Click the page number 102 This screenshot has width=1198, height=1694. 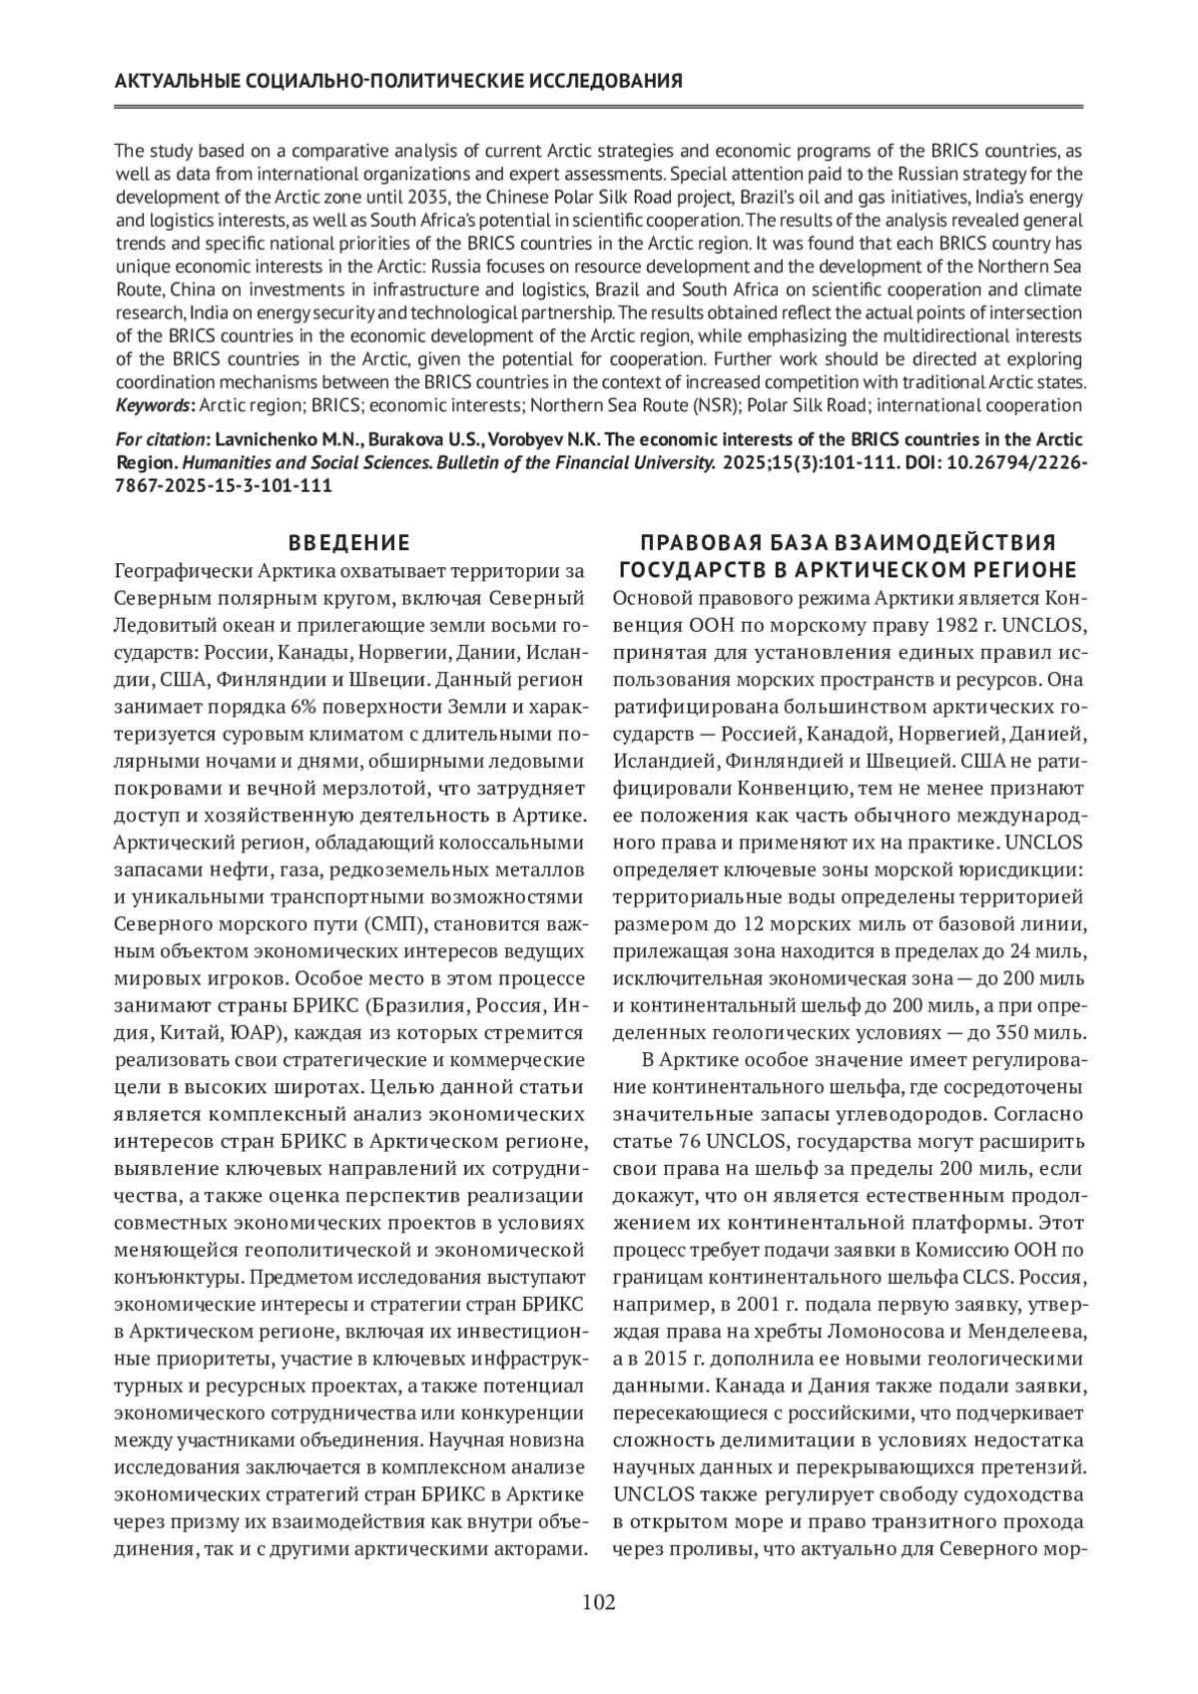pos(599,1603)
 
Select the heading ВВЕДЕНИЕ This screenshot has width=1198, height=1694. pos(348,543)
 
